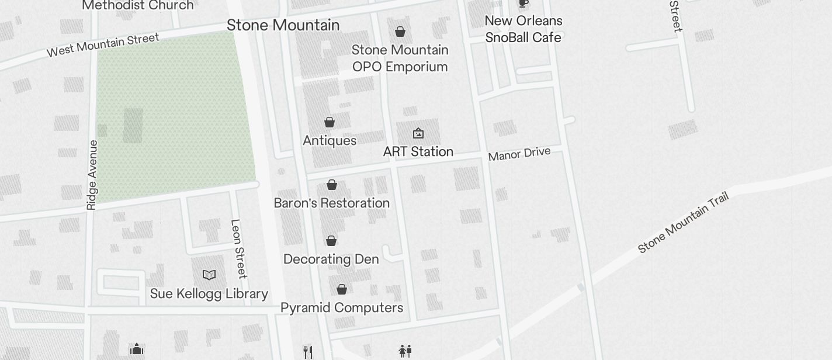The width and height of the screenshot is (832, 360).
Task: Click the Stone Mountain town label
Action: tap(283, 25)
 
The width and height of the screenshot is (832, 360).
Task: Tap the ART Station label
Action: tap(418, 152)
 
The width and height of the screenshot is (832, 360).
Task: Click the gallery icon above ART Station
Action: tap(418, 134)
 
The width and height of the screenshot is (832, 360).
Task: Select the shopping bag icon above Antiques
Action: tap(330, 122)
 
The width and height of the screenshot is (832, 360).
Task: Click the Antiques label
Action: tap(330, 141)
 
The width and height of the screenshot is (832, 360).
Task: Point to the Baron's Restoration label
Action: tap(332, 203)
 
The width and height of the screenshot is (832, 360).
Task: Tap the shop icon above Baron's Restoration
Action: tap(332, 185)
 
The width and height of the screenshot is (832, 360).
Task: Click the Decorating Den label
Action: tap(331, 259)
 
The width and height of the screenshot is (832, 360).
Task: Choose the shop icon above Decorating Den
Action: tap(331, 241)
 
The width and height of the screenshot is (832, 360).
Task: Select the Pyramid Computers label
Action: tap(342, 308)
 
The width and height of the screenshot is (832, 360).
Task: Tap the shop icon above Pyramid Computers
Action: tap(342, 289)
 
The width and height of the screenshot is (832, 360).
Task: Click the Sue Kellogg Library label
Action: tap(209, 293)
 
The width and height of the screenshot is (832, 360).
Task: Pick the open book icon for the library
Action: tap(209, 275)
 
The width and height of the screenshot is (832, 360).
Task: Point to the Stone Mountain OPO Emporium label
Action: tap(400, 58)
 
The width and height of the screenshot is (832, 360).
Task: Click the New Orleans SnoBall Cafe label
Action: tap(524, 29)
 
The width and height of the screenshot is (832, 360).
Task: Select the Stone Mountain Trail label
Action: tap(684, 223)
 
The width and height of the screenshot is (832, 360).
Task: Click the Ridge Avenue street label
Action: tap(92, 175)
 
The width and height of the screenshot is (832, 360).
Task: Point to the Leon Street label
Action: tap(238, 249)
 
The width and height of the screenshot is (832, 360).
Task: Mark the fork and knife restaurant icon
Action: tap(308, 352)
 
